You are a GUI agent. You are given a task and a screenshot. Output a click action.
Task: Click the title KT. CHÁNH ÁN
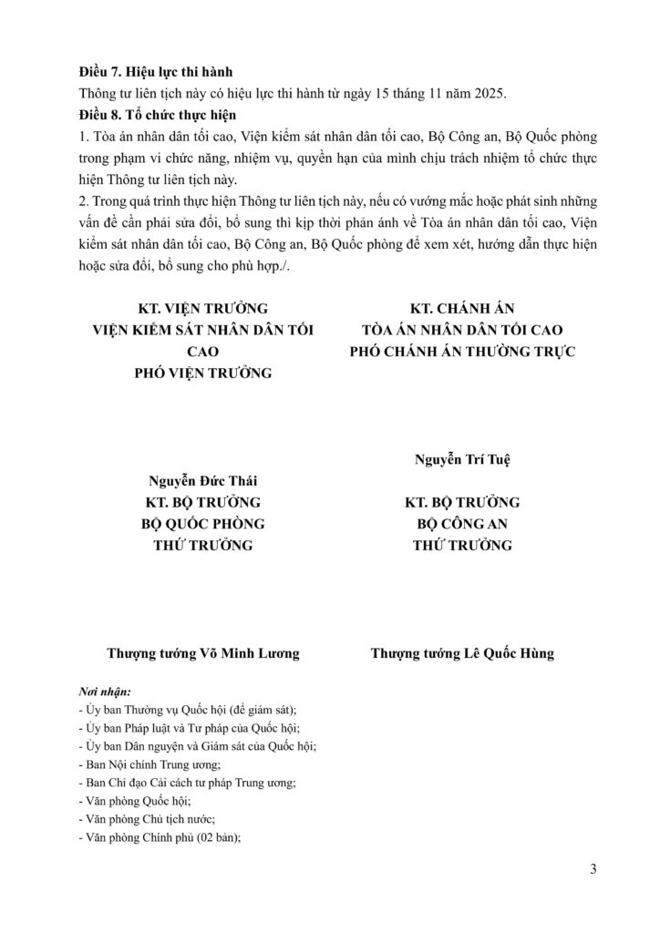(463, 309)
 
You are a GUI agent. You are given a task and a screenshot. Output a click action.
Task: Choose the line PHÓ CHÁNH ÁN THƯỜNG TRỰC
(463, 352)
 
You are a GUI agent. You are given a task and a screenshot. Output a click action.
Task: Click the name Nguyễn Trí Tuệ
(462, 458)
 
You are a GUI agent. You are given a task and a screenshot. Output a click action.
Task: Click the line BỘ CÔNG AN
(462, 524)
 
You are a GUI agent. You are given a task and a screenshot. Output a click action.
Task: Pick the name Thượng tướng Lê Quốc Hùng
(462, 653)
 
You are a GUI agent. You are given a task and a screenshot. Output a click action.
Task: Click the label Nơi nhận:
(106, 692)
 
